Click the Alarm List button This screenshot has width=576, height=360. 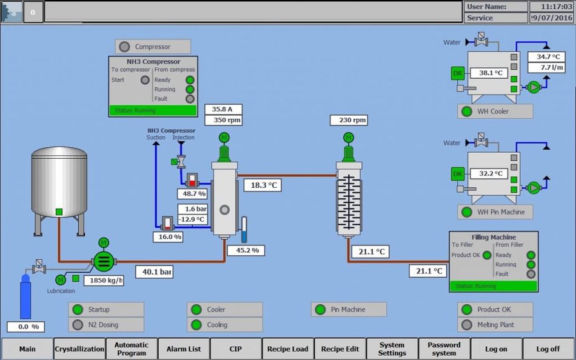pos(183,349)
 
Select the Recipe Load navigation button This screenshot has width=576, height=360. pos(288,349)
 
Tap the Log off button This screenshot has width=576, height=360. pos(548,349)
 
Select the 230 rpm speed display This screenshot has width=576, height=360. pos(349,120)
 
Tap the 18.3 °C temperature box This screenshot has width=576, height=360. pos(263,185)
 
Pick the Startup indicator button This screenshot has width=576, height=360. pos(106,310)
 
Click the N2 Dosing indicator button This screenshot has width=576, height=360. pos(106,325)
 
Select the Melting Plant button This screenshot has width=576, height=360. pos(495,325)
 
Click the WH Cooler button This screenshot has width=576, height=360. pos(495,112)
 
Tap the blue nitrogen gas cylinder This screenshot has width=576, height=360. pos(25,296)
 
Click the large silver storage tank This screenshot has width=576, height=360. pos(59,182)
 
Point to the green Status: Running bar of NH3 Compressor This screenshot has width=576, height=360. pos(153,110)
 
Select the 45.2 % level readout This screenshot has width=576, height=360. pos(246,250)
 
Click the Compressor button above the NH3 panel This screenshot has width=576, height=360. pos(152,47)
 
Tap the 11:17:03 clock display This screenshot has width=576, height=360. pos(551,7)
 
